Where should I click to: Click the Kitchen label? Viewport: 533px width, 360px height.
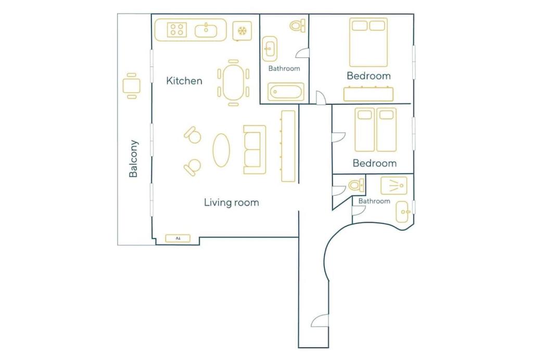click(x=184, y=81)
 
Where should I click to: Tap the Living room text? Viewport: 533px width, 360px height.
click(x=232, y=202)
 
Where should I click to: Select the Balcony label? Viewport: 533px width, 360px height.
click(x=134, y=159)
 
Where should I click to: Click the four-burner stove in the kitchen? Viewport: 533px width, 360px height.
click(x=177, y=30)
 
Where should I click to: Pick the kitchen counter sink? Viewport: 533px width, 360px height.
click(x=206, y=31)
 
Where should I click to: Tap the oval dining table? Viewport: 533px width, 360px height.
click(x=233, y=82)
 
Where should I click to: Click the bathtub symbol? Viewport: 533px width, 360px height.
click(x=286, y=92)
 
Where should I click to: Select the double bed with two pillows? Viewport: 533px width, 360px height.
click(x=369, y=42)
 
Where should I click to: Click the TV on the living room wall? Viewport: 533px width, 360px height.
click(x=178, y=238)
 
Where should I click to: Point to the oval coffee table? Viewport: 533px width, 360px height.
click(x=221, y=150)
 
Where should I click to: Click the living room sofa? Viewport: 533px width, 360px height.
click(x=255, y=150)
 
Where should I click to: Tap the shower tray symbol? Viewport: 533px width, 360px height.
click(x=394, y=186)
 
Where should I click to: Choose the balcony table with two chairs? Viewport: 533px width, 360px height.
click(x=132, y=86)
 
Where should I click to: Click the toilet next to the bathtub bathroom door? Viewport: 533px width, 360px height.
click(x=297, y=26)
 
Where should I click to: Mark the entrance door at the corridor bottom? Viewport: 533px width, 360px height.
click(x=320, y=320)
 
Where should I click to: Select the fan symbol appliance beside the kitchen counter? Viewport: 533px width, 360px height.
click(x=242, y=31)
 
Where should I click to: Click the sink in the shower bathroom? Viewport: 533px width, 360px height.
click(x=402, y=212)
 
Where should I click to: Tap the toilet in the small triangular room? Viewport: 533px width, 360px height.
click(x=356, y=185)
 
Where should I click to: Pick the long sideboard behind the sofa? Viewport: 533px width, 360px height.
click(x=288, y=146)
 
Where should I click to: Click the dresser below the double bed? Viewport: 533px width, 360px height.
click(x=369, y=94)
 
